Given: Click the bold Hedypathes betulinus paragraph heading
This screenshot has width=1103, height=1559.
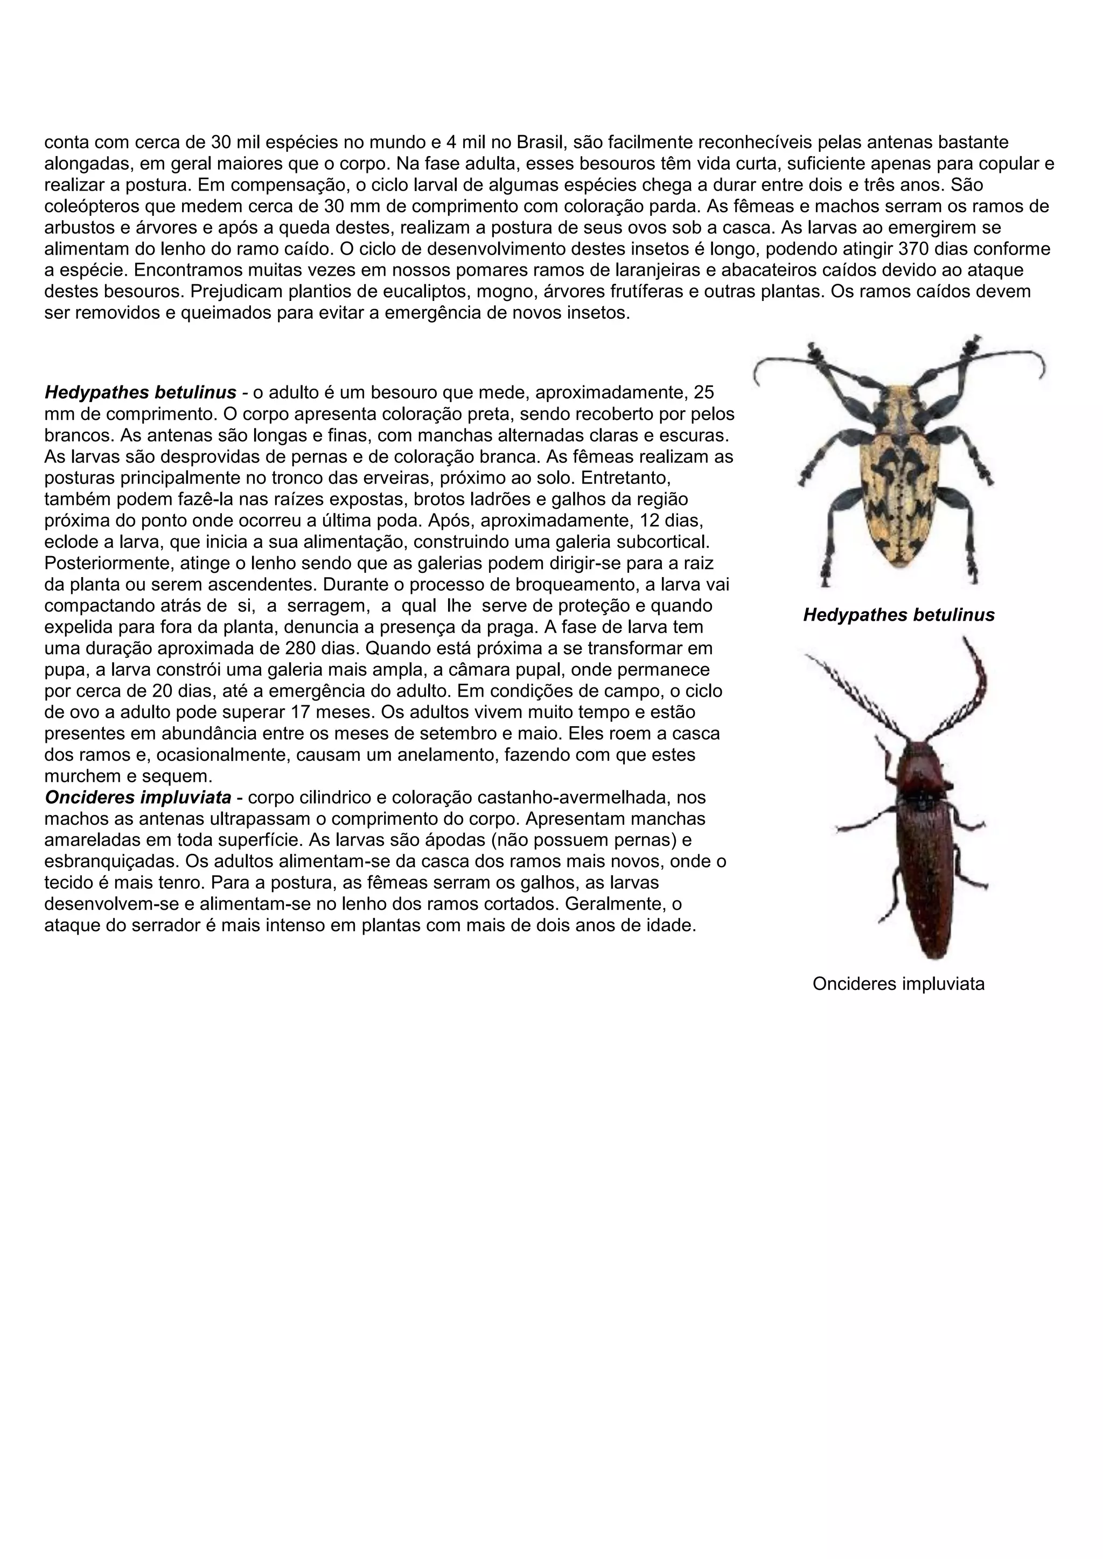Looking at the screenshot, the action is tap(140, 392).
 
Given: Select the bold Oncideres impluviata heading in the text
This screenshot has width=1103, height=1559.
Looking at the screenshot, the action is tap(138, 797).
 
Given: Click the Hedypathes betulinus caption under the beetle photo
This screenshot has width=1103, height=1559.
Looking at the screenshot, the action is tap(898, 615).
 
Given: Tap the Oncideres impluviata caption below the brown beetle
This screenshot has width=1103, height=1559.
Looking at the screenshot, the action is tap(898, 984).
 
